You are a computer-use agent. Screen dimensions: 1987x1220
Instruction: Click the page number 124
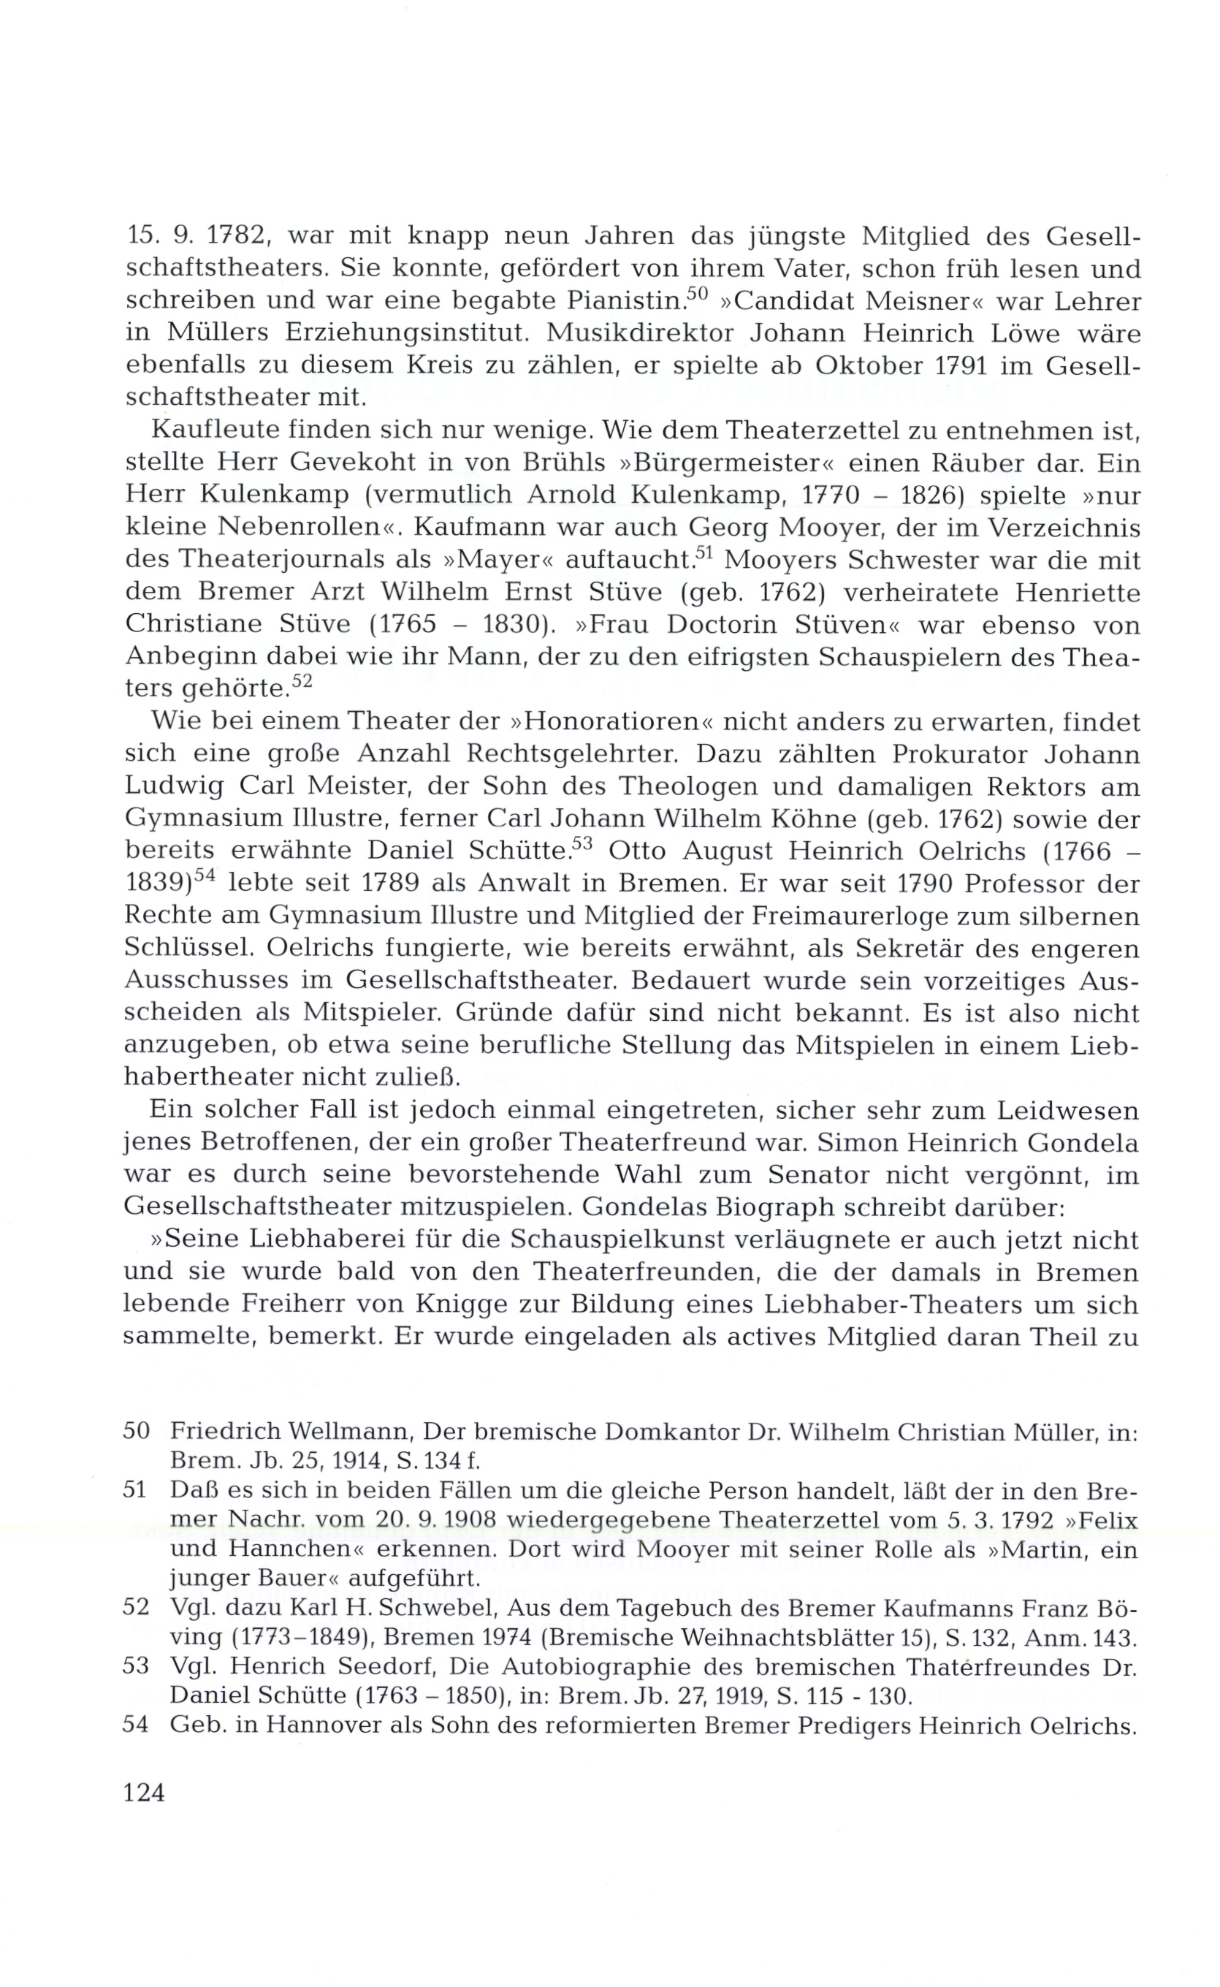click(x=144, y=1793)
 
